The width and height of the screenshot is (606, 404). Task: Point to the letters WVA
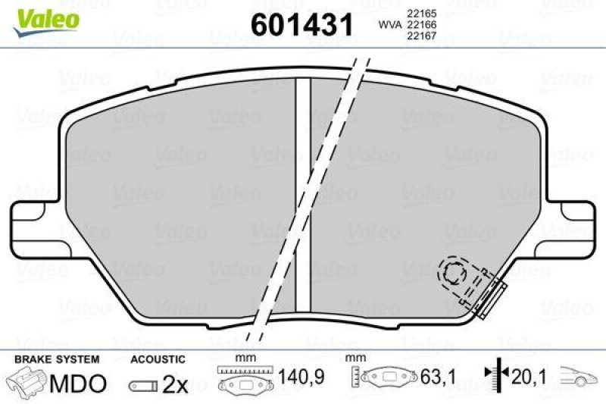point(389,26)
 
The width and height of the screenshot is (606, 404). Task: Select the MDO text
point(77,383)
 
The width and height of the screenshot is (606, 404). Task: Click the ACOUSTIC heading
point(158,358)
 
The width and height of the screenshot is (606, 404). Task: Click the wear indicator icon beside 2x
point(144,385)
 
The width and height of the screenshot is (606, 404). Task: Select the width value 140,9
point(292,375)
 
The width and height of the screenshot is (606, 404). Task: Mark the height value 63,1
point(433,375)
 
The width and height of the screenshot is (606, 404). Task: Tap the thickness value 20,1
point(530,375)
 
